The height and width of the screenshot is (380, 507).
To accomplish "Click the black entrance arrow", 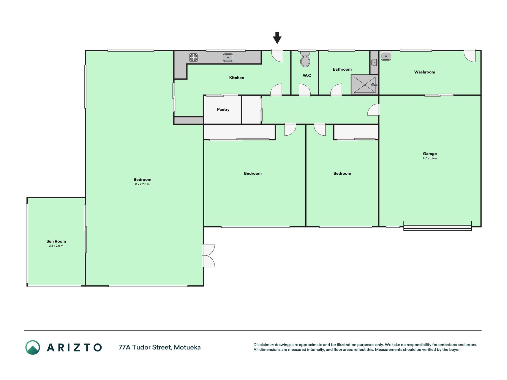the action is [277, 38].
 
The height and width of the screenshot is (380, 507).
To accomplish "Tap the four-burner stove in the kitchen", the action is [193, 57].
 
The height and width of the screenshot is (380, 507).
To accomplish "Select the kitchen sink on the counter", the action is [228, 57].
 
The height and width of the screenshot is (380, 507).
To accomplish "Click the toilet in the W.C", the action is [305, 59].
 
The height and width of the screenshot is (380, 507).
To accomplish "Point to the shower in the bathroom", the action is [365, 85].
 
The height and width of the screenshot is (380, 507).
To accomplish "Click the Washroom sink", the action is [386, 56].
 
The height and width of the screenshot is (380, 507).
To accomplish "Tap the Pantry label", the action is [223, 110].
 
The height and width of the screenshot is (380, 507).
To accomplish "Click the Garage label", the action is [430, 153].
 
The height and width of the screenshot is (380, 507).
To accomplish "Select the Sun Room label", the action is [56, 241].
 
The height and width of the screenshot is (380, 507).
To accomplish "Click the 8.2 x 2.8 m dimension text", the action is [142, 184].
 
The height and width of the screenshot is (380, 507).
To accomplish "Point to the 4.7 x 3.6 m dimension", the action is [430, 158].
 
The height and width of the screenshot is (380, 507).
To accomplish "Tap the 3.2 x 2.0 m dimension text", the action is [56, 246].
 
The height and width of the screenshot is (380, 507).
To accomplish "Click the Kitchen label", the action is [237, 78].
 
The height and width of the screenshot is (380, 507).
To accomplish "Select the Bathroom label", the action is [342, 69].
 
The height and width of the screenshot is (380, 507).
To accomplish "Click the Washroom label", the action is [425, 72].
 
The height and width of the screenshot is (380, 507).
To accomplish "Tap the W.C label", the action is [307, 75].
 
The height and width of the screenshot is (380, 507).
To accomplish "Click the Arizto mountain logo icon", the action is [33, 347].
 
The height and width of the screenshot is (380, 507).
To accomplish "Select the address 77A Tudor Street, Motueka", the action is [160, 347].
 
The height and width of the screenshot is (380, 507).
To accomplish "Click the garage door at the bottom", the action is [437, 227].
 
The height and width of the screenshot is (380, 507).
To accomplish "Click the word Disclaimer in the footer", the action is [263, 345].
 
